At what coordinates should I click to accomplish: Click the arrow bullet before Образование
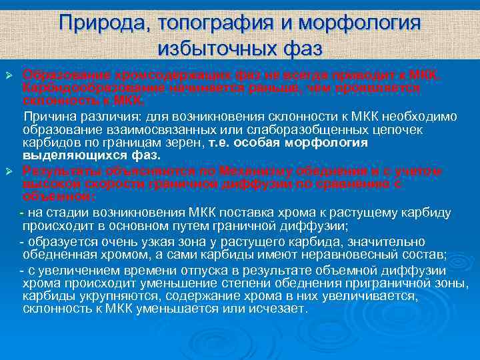[x=10, y=72]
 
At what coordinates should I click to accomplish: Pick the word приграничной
[x=386, y=284]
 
